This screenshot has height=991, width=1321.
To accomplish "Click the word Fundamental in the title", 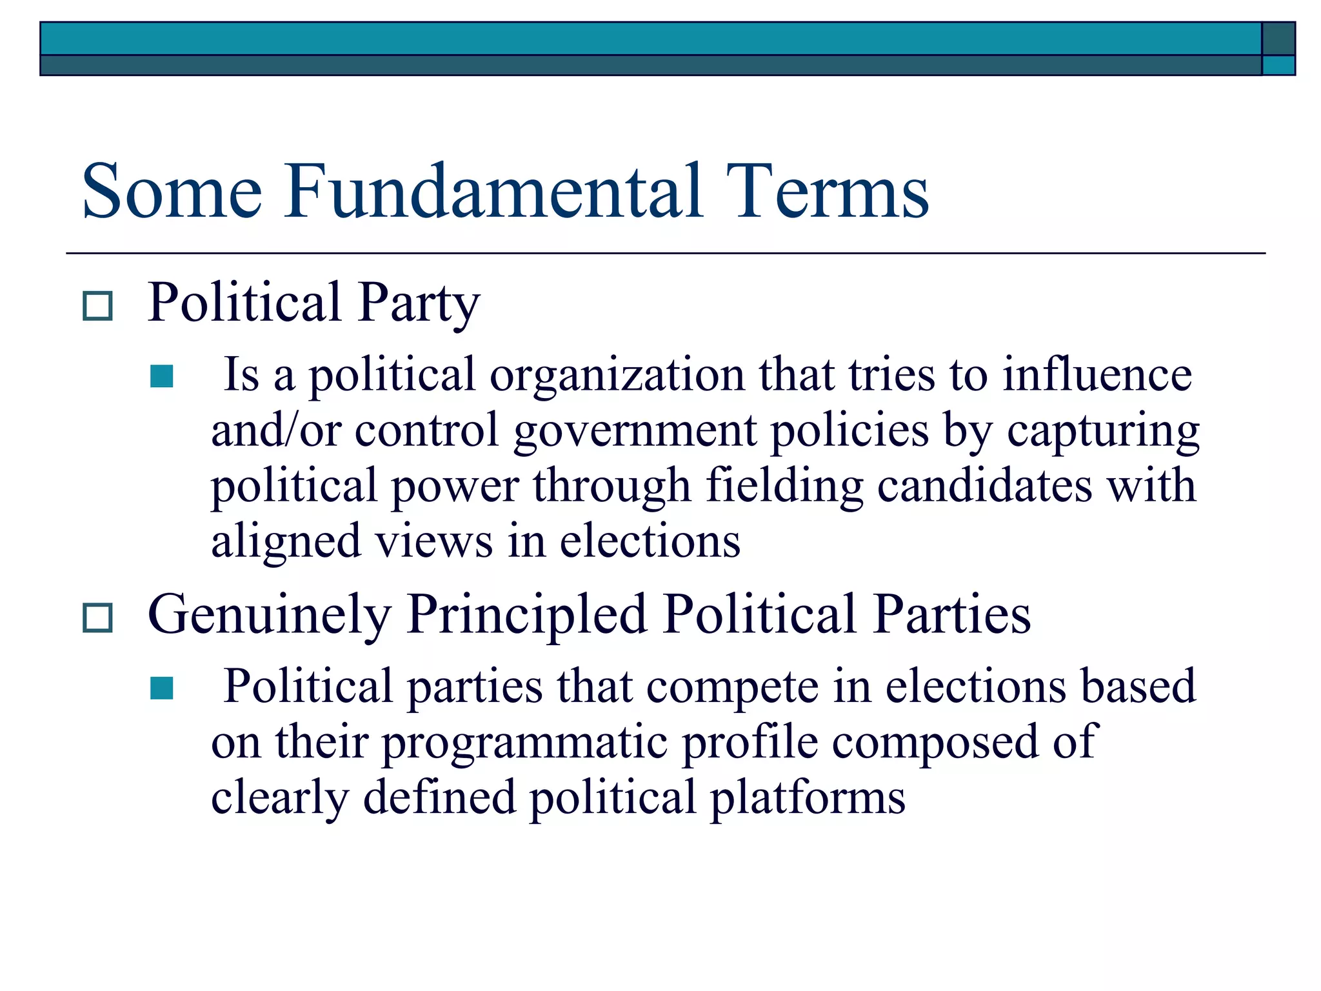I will click(x=493, y=192).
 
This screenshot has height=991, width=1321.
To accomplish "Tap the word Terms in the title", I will click(x=827, y=192).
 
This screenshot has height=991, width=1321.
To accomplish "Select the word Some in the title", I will click(x=172, y=192).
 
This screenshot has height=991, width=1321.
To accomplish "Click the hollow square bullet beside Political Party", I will click(x=97, y=306).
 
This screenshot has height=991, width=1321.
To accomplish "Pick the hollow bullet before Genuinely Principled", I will click(x=97, y=617).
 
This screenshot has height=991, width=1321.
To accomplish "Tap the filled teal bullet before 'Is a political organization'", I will click(x=161, y=376).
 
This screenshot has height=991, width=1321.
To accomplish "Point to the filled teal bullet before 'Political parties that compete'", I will click(x=161, y=688).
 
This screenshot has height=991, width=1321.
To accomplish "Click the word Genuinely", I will click(x=270, y=616).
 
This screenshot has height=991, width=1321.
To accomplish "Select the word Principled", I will click(x=527, y=616).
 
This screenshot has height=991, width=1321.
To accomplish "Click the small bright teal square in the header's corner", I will click(x=1278, y=65).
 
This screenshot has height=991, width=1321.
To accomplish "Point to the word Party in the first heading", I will click(x=419, y=303).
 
